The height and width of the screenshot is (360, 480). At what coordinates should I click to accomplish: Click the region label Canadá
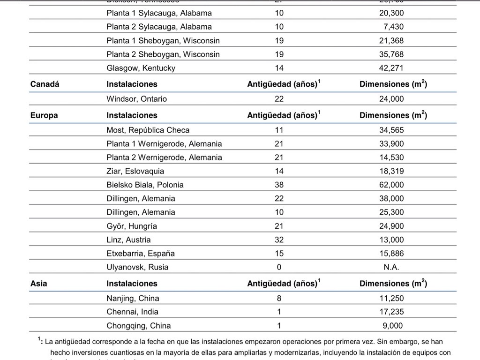[x=45, y=84]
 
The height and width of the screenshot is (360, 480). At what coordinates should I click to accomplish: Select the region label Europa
[x=44, y=115]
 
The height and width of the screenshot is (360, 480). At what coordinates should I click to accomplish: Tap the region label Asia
[x=38, y=284]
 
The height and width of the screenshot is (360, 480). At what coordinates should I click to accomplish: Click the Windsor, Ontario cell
[x=136, y=99]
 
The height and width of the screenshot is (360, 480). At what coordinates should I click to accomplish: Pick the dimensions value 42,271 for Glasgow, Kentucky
[x=391, y=68]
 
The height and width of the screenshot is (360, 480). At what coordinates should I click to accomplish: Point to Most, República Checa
[x=148, y=130]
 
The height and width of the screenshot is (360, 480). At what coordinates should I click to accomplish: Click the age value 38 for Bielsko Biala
[x=279, y=185]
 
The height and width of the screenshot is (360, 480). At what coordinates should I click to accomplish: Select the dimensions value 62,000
[x=391, y=185]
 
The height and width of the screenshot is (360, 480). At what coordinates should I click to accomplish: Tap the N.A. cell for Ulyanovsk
[x=391, y=267]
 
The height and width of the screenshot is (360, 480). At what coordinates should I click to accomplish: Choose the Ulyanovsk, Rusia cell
[x=137, y=267]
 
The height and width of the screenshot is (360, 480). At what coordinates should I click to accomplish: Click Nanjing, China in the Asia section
[x=133, y=298]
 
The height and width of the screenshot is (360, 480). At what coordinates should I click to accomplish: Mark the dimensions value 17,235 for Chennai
[x=391, y=312]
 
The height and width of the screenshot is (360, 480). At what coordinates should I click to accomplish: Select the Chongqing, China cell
[x=138, y=326]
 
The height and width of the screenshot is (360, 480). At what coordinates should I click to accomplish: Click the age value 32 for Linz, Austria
[x=279, y=240]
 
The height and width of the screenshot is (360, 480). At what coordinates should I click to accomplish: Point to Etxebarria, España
[x=140, y=254]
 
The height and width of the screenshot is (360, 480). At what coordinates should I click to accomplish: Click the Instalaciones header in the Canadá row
[x=132, y=84]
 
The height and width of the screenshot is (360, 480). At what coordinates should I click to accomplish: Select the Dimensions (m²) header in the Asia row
[x=393, y=284]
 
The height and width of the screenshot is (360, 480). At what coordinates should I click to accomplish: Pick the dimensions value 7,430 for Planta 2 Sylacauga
[x=393, y=27]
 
